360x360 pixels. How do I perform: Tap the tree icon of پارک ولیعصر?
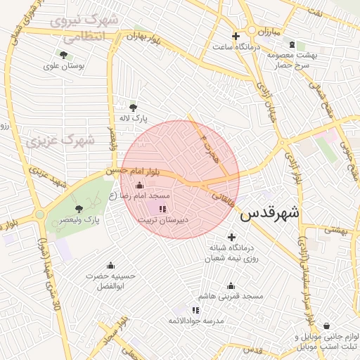click(79, 208)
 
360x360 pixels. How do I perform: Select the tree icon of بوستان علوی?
click(64, 54)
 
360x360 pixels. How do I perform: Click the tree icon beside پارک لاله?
click(132, 107)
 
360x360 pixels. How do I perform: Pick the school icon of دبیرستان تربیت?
click(162, 209)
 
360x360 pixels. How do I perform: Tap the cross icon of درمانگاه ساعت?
click(236, 36)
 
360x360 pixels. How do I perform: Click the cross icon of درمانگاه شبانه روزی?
click(231, 237)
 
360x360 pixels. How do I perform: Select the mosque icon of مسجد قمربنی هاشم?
click(231, 285)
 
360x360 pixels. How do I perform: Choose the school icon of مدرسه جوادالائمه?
click(195, 309)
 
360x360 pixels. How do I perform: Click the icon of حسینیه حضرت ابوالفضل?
click(110, 265)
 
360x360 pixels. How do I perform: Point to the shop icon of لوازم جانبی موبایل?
click(328, 326)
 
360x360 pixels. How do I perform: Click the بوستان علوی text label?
click(64, 65)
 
